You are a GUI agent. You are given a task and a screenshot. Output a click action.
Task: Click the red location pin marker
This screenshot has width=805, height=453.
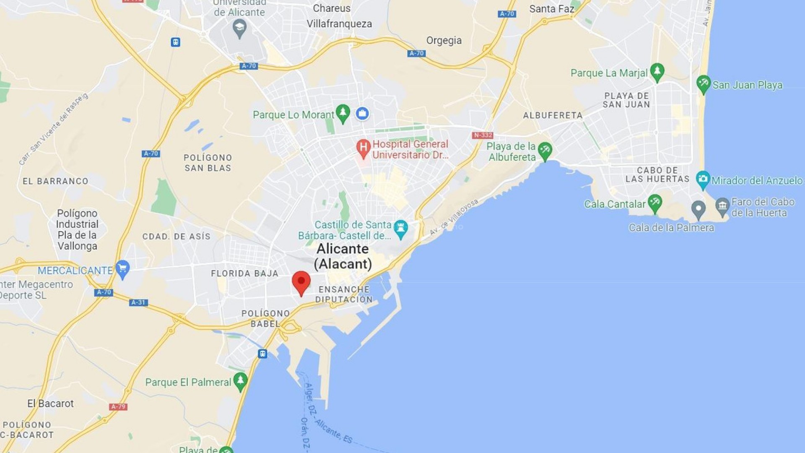tap(301, 282)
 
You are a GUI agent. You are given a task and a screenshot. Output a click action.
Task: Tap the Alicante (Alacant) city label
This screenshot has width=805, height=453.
tap(343, 256)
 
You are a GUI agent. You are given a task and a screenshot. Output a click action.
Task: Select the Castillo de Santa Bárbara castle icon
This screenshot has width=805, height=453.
tap(401, 229)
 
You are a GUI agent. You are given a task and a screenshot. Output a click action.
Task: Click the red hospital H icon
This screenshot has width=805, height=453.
tap(363, 148)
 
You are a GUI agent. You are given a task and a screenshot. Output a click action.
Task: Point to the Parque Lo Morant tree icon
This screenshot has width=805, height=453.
tap(343, 113)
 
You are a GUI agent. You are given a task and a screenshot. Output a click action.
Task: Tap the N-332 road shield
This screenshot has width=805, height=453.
tap(483, 135)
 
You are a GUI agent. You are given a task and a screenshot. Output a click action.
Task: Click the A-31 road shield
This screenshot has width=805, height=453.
tap(138, 302)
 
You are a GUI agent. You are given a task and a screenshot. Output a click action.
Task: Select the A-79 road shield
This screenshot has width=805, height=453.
tap(118, 406)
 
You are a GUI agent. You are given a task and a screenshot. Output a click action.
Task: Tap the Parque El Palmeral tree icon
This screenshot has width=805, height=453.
tap(240, 381)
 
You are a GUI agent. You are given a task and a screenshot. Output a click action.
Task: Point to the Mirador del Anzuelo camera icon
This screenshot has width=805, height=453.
tap(703, 180)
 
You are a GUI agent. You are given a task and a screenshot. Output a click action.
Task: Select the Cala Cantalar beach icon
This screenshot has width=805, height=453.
tap(654, 203)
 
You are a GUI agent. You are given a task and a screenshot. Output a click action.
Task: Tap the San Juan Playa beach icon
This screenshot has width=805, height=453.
tap(704, 83)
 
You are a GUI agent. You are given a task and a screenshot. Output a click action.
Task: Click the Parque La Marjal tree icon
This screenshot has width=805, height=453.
tap(657, 72)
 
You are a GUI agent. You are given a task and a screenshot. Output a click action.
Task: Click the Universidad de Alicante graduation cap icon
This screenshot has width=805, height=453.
tap(239, 28)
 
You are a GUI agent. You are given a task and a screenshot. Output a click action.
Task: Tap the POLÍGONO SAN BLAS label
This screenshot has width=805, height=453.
tap(208, 163)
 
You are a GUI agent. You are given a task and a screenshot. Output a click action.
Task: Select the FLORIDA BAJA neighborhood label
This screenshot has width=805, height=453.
tap(244, 273)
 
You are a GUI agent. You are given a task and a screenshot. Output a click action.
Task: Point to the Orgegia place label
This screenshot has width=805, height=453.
tap(444, 40)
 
